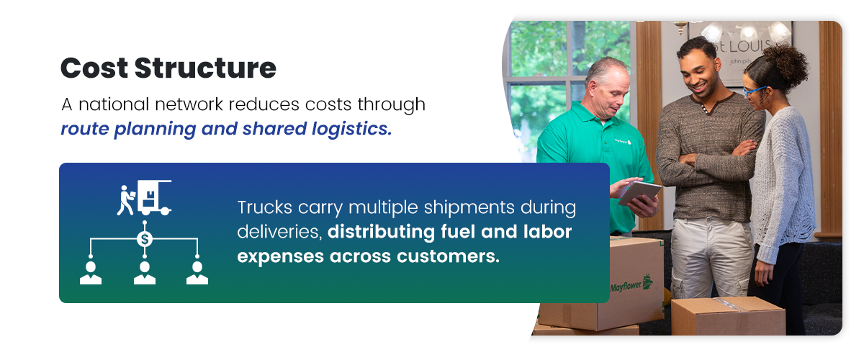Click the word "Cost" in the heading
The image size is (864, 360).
[94, 68]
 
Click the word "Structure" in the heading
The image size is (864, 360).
[206, 68]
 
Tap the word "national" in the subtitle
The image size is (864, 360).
[114, 104]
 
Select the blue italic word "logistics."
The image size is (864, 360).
[352, 129]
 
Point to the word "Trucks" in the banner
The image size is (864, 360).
[265, 207]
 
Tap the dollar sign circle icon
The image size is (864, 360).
[145, 239]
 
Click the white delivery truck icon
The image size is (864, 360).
[154, 197]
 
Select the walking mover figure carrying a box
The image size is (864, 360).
[126, 200]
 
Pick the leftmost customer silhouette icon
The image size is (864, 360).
[91, 273]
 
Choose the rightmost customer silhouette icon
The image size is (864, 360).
[197, 273]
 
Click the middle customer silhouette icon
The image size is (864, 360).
[145, 273]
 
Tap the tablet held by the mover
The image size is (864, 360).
[640, 193]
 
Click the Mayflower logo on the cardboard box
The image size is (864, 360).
[631, 284]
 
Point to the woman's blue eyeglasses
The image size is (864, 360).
[754, 91]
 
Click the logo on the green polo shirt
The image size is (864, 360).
[623, 142]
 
